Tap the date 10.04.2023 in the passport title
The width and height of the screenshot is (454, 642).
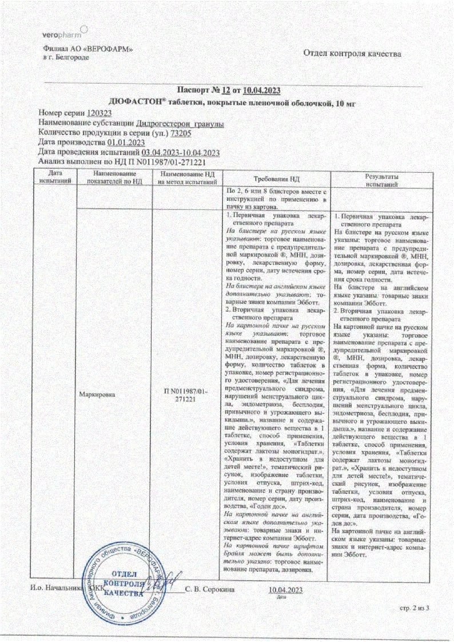tap(261, 91)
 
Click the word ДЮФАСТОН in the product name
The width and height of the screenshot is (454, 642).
tap(141, 102)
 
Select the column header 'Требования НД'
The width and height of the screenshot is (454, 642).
tap(277, 178)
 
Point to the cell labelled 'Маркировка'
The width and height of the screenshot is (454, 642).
tap(97, 395)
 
